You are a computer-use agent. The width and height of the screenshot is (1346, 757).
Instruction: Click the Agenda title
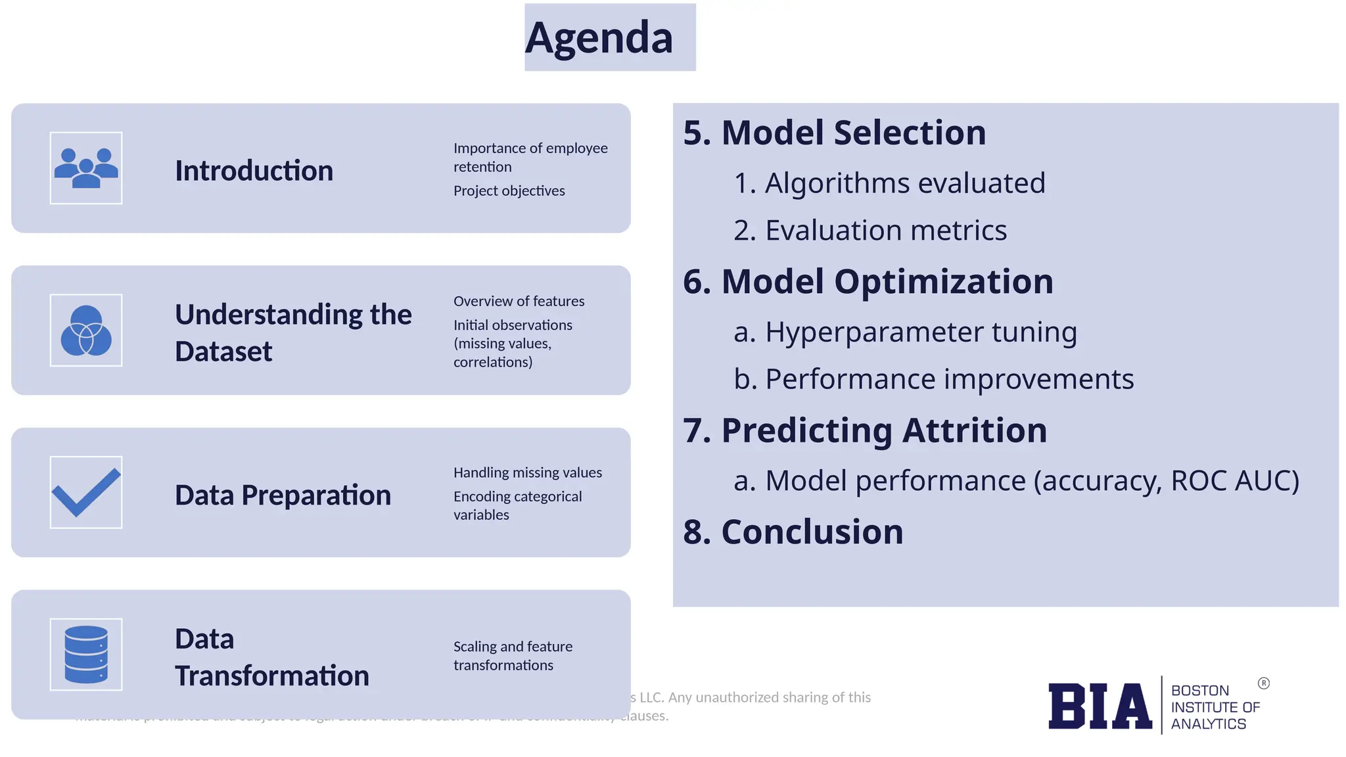click(x=599, y=37)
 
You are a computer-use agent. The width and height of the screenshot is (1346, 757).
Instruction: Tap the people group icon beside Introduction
click(x=86, y=168)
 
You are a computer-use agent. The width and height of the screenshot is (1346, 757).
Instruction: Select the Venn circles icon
click(x=86, y=331)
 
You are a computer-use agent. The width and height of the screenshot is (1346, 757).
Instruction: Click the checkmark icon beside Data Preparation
click(x=86, y=492)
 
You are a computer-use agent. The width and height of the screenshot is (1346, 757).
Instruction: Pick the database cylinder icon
click(x=86, y=654)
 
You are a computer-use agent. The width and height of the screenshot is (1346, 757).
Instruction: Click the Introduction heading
click(x=254, y=171)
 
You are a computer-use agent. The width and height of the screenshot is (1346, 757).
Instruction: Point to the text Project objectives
click(x=509, y=191)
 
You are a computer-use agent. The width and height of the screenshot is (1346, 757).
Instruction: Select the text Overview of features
click(x=519, y=301)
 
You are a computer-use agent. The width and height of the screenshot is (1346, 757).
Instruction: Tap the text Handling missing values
click(x=527, y=472)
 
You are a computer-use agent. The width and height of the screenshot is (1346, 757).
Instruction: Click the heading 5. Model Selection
click(x=834, y=133)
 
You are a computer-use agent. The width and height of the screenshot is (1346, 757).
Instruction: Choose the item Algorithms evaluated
click(x=904, y=183)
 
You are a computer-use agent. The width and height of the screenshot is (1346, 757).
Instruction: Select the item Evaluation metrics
click(x=885, y=231)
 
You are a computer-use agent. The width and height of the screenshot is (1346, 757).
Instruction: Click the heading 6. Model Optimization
click(x=868, y=282)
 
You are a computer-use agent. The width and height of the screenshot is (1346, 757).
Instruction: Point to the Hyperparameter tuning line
click(x=920, y=332)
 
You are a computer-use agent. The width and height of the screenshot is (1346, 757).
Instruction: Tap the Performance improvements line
click(x=949, y=379)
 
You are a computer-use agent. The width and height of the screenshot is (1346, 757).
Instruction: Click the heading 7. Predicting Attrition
click(x=864, y=430)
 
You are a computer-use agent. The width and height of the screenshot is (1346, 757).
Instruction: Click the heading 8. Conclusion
click(x=793, y=532)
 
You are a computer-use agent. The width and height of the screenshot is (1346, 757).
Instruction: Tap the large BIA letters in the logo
click(x=1100, y=706)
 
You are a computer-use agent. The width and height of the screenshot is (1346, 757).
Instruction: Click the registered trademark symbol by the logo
click(x=1263, y=683)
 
